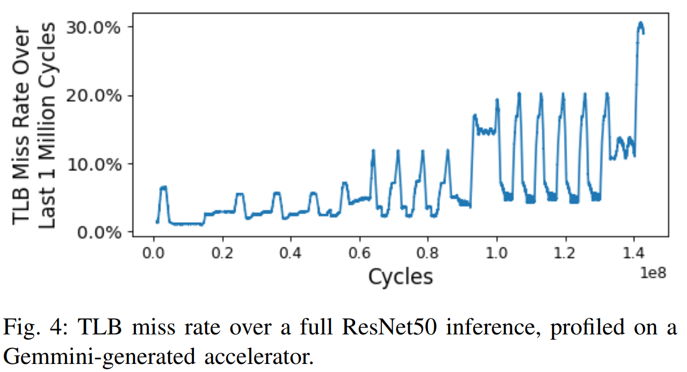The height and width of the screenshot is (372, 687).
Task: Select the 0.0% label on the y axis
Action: tap(100, 232)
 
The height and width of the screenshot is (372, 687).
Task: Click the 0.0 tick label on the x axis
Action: tap(154, 252)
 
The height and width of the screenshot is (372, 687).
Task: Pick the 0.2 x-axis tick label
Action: tap(222, 252)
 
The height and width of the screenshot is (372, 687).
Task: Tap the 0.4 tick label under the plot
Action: tap(291, 252)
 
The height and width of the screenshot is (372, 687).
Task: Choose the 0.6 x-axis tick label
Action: tap(359, 252)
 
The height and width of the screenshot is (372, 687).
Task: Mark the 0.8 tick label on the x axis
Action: tap(428, 252)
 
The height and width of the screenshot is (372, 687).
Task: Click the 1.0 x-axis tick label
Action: tap(497, 252)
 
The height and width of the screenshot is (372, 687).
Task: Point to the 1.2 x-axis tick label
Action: tap(565, 252)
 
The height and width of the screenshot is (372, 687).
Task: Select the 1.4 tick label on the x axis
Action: tap(634, 252)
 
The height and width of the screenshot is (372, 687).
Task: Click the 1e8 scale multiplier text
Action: tap(653, 273)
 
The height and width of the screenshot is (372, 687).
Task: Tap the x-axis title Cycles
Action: tap(400, 277)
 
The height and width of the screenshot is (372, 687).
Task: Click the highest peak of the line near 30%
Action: tap(640, 24)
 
